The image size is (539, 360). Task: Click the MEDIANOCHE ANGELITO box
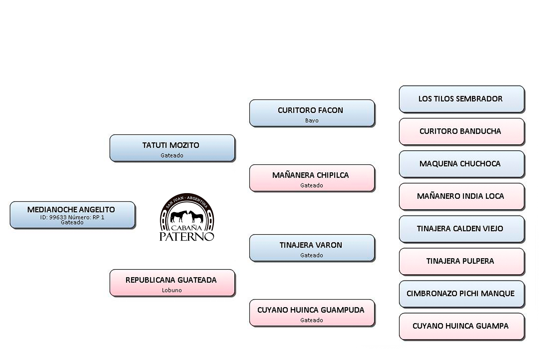click(72, 215)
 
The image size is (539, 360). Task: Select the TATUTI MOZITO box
click(172, 148)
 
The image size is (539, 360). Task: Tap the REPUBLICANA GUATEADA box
click(172, 283)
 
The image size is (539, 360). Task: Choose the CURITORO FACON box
click(312, 113)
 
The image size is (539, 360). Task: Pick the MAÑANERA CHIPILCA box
click(312, 178)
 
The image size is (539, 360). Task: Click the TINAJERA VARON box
click(312, 248)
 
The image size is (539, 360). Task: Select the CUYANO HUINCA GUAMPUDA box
click(312, 313)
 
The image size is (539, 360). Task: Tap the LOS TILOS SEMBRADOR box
click(461, 99)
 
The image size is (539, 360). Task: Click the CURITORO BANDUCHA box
click(461, 131)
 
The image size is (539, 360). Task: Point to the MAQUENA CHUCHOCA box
click(461, 164)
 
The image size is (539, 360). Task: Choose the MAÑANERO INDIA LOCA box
click(461, 196)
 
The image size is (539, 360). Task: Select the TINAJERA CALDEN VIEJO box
click(461, 229)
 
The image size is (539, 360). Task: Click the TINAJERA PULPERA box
click(461, 261)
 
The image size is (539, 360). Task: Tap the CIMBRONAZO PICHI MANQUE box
click(461, 293)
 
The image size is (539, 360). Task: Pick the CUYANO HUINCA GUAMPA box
click(461, 326)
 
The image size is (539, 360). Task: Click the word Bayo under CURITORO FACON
click(312, 120)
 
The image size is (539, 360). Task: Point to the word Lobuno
click(172, 290)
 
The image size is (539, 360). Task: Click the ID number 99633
click(58, 217)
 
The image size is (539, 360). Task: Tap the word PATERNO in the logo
click(187, 236)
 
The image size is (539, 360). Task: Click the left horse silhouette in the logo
click(179, 216)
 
